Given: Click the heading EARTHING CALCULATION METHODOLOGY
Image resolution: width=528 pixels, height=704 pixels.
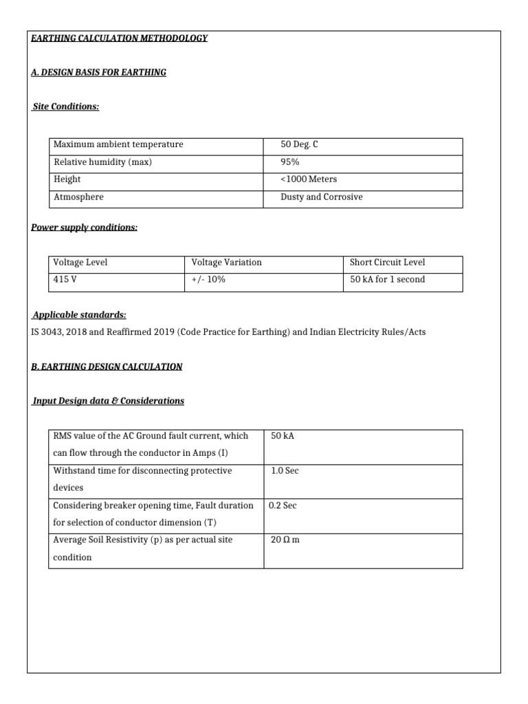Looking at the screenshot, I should (120, 38).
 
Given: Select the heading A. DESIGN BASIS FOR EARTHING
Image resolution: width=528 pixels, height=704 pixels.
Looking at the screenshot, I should (99, 72).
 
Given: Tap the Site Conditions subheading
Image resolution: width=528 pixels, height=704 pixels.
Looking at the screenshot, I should (66, 107).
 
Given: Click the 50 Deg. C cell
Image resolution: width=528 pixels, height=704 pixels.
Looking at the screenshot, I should (300, 144).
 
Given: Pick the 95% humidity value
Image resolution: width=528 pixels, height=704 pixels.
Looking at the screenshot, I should (290, 162).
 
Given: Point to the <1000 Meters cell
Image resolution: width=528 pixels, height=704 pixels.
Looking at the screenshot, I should (309, 179).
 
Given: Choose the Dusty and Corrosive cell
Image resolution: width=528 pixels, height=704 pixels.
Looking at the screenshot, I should (321, 197).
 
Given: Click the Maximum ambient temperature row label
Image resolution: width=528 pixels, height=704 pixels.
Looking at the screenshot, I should (118, 144).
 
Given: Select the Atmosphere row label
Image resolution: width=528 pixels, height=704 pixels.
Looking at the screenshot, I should (78, 197).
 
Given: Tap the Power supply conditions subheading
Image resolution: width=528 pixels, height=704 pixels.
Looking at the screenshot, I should (85, 228).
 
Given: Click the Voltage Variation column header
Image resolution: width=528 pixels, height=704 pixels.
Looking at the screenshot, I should (226, 263).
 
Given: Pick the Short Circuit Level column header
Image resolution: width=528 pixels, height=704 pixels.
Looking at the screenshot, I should (387, 263).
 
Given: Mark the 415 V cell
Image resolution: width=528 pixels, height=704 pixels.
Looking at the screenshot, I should (64, 280).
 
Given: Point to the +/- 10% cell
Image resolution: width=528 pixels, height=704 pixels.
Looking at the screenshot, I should (208, 280).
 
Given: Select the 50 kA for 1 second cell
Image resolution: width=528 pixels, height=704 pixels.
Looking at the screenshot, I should (387, 280).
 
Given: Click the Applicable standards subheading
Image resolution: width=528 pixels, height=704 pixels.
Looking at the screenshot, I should (79, 315).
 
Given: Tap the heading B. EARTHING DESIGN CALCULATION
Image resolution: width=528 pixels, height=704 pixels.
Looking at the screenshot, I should (107, 367).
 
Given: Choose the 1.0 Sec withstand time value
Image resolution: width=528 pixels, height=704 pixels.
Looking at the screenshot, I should (285, 471).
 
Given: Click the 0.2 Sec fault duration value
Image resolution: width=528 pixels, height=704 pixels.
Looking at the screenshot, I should (283, 505).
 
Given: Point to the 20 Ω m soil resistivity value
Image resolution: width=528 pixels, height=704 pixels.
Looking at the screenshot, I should (285, 540).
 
